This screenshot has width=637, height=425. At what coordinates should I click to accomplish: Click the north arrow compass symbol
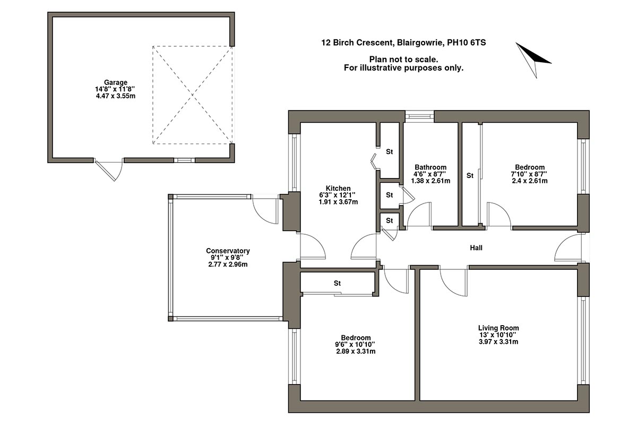point(533,57)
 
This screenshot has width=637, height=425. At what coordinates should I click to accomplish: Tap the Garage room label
point(115,82)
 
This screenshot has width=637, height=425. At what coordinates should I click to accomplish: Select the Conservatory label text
point(228,251)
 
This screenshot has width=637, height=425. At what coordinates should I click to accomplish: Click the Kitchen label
point(338,189)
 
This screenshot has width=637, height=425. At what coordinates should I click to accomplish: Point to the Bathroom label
point(431,167)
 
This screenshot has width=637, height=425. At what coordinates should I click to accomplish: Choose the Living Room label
point(498,328)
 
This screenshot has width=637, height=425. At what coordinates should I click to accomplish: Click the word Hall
point(476,248)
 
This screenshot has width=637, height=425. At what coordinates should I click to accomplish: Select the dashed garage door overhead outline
point(192,95)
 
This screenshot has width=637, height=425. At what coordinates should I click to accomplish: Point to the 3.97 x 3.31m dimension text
point(498,342)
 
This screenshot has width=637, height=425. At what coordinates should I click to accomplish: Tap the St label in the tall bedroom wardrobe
point(470,175)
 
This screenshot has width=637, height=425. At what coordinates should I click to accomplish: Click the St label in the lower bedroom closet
point(337,283)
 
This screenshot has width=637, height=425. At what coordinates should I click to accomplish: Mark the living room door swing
point(454,282)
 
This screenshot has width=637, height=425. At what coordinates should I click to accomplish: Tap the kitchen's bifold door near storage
point(374,161)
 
